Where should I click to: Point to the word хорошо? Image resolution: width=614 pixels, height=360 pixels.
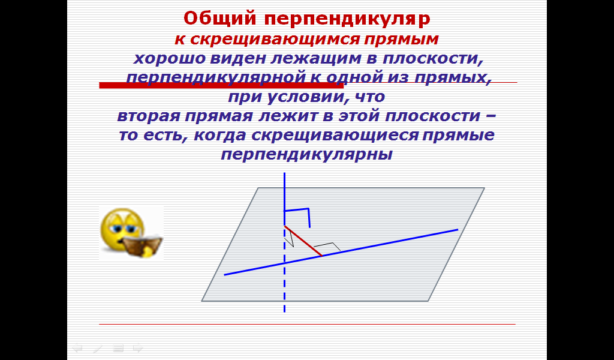[x=170, y=59]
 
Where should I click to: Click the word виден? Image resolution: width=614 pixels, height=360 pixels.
[x=238, y=59]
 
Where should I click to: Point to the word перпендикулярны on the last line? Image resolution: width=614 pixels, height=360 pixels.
[x=306, y=155]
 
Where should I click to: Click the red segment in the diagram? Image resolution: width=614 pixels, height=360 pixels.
[x=303, y=241]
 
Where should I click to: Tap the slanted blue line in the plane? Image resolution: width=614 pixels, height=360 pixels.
[x=341, y=252]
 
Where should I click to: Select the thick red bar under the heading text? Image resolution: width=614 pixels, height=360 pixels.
[x=221, y=85]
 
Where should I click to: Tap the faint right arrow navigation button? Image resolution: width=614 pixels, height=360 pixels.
[x=139, y=347]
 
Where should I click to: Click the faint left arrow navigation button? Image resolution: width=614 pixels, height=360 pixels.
[x=77, y=347]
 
